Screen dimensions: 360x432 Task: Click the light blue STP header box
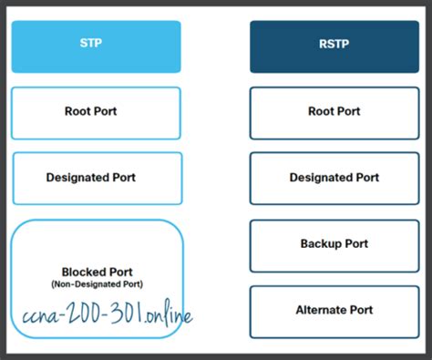pos(97,46)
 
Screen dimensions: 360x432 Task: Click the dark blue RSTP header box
pos(334,46)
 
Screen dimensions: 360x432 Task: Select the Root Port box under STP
pos(97,113)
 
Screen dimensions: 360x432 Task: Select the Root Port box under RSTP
pos(334,113)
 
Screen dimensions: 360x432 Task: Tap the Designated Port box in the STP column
pos(97,178)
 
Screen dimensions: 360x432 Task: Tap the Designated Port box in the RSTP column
pos(334,178)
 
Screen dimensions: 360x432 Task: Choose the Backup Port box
pos(334,244)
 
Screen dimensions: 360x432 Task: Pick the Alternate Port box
pos(334,311)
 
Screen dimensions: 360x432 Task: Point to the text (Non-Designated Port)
pos(98,284)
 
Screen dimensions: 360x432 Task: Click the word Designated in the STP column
pos(77,178)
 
